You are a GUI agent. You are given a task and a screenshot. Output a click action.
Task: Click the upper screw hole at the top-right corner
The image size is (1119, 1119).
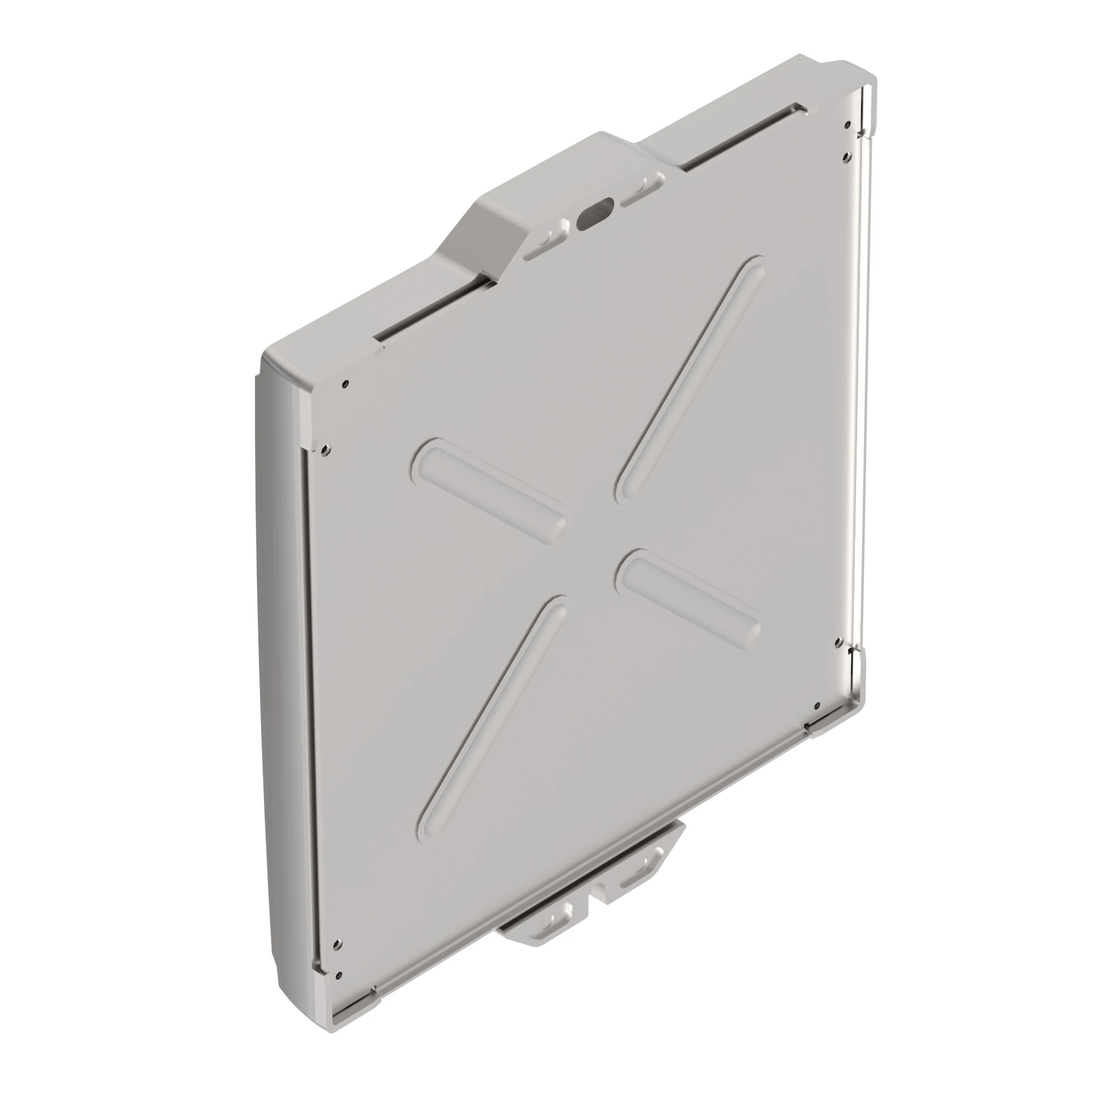click(x=847, y=124)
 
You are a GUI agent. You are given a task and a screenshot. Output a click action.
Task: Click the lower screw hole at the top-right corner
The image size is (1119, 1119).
click(x=847, y=155)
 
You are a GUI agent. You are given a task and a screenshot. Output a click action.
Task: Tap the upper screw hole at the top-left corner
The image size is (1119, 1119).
click(x=345, y=383)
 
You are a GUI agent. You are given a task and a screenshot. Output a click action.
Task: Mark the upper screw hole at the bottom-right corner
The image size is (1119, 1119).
click(x=838, y=641)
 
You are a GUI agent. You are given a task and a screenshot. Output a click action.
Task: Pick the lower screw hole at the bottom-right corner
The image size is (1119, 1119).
click(x=817, y=706)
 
